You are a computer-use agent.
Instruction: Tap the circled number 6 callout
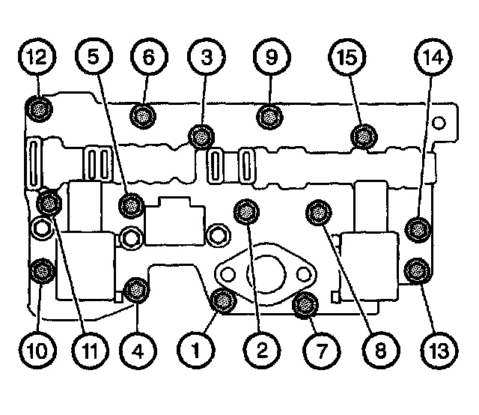[147, 56]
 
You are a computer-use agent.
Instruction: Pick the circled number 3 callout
[204, 56]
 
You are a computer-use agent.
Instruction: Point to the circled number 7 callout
[320, 348]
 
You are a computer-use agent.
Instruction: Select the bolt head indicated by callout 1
[221, 300]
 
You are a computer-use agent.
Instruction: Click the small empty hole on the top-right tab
[442, 121]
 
